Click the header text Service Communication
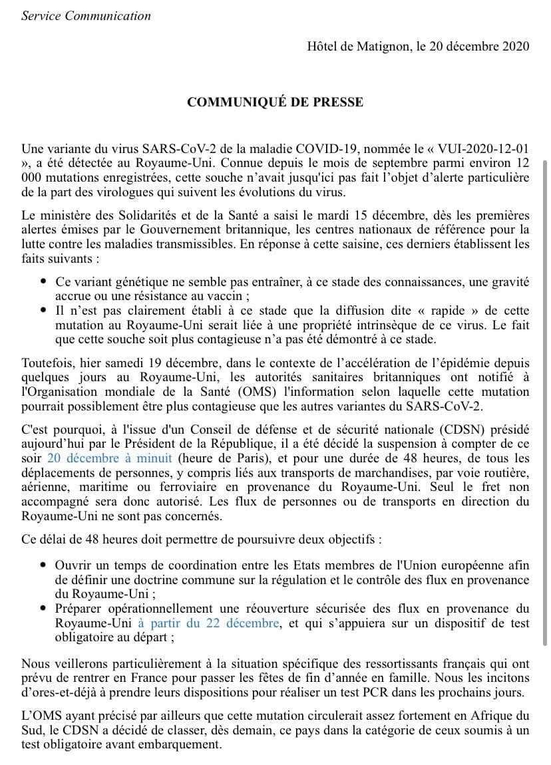86,15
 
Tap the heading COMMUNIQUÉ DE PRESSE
275,102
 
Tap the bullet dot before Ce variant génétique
43,282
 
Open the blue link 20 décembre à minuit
110,458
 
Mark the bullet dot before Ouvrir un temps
43,565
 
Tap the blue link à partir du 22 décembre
208,623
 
